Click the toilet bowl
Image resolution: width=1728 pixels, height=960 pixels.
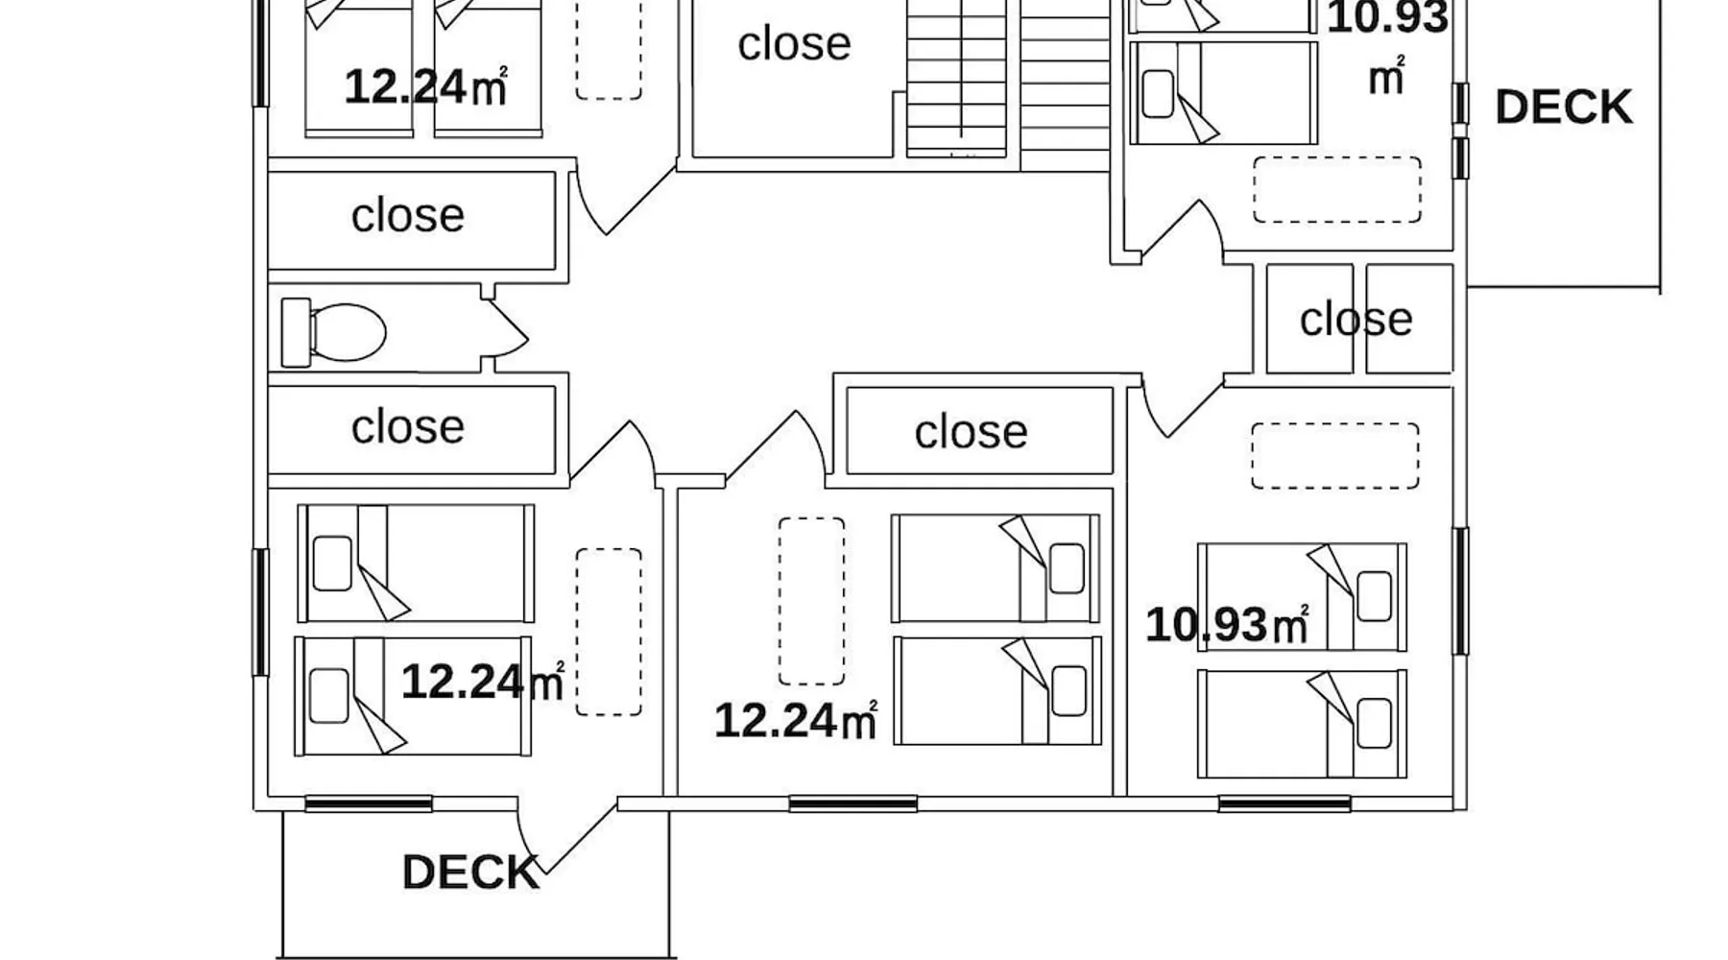point(348,332)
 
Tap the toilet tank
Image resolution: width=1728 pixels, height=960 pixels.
point(296,332)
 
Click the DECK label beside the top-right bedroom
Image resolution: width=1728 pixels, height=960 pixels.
point(1564,107)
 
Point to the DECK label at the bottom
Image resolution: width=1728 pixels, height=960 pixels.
point(470,873)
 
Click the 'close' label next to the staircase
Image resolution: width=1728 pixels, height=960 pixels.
point(794,43)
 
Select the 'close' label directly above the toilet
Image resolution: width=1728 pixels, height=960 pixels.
point(408,215)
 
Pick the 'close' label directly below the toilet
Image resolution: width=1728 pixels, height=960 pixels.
point(408,426)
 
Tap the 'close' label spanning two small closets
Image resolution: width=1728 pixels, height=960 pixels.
point(1356,319)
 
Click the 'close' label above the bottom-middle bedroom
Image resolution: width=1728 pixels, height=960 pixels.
point(971,432)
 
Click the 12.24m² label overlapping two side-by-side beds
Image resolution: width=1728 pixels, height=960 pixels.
point(425,86)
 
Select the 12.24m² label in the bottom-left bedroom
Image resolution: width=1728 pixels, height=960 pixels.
point(482,682)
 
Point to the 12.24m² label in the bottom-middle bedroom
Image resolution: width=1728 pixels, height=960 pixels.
point(796,720)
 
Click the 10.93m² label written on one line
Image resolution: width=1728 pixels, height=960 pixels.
point(1227,624)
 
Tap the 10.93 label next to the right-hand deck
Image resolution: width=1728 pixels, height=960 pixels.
point(1387,17)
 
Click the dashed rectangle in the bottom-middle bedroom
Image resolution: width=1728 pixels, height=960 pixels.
point(811,601)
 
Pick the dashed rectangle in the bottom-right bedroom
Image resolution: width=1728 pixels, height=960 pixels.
point(1334,456)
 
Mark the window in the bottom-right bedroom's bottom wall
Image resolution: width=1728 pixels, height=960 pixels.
point(1284,804)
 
